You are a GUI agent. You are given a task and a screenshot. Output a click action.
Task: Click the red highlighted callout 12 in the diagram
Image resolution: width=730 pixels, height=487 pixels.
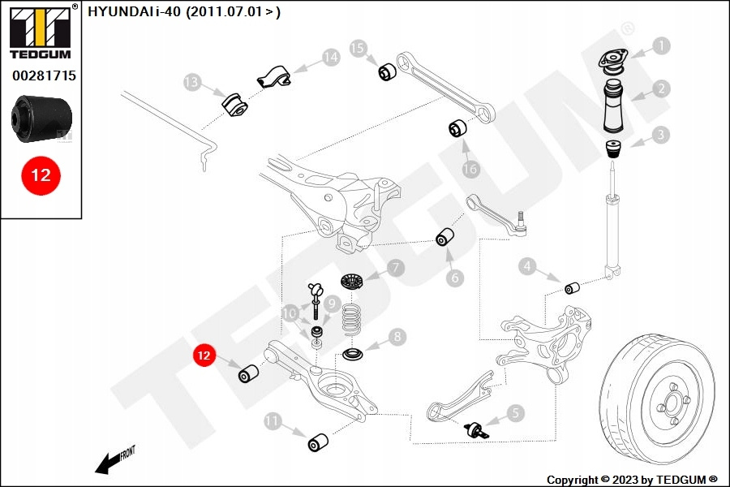(x=204, y=356)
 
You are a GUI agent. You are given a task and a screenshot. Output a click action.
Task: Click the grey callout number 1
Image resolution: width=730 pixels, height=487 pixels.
(x=663, y=46)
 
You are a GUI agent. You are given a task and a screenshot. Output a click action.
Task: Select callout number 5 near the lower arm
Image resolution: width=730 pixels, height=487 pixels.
(x=516, y=413)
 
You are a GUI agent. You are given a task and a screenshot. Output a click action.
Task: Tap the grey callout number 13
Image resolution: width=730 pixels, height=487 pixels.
(x=191, y=82)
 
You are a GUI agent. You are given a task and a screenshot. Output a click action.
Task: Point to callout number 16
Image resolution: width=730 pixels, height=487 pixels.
(x=470, y=169)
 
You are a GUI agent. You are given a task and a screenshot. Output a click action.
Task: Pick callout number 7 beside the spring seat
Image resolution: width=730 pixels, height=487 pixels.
(x=395, y=267)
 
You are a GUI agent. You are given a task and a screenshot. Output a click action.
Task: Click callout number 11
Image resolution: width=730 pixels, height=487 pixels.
(x=273, y=420)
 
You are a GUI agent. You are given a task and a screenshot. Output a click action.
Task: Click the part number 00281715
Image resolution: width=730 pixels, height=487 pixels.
(x=44, y=75)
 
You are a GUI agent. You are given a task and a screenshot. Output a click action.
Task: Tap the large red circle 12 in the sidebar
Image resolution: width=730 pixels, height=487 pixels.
(x=41, y=175)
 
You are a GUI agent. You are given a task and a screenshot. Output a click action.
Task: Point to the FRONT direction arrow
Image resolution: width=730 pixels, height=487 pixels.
(x=110, y=462)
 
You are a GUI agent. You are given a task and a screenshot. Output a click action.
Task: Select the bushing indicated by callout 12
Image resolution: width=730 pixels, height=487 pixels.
(x=248, y=374)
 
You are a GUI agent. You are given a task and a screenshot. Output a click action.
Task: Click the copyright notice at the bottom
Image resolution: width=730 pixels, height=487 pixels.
(x=632, y=480)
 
